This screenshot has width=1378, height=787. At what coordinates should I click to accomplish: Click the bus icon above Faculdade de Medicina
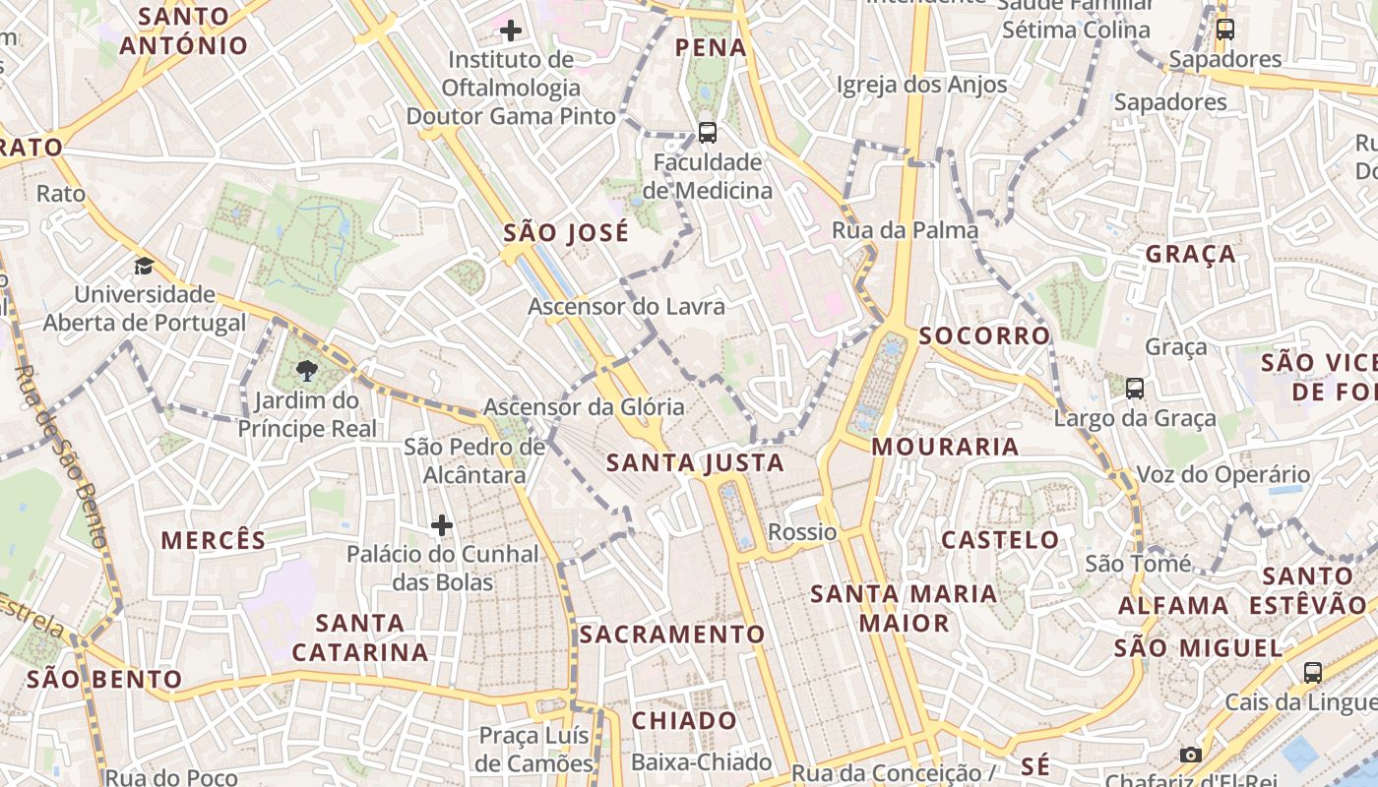(x=707, y=132)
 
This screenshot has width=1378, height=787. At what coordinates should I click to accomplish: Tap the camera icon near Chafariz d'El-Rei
(x=1190, y=755)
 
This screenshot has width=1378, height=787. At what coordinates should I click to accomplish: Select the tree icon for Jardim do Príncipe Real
(x=307, y=371)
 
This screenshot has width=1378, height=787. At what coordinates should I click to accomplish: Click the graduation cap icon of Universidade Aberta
(x=144, y=266)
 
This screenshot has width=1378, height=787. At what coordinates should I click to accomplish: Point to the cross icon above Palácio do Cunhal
(x=442, y=525)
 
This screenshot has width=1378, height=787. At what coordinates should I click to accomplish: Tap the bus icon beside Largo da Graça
(x=1135, y=389)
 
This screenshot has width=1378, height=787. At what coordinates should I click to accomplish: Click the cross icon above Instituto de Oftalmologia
(x=510, y=30)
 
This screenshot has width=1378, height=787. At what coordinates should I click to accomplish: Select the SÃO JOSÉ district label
(x=566, y=233)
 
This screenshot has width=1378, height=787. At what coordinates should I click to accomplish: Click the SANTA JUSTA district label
(x=695, y=462)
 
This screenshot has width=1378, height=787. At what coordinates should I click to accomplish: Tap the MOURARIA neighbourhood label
(x=945, y=447)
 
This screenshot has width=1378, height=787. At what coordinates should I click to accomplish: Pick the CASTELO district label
(x=1000, y=539)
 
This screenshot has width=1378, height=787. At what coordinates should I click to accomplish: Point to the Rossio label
(x=802, y=532)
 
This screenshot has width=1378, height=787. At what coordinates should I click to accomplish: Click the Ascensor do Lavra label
(x=626, y=306)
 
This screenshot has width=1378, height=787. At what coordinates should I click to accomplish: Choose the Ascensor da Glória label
(x=584, y=406)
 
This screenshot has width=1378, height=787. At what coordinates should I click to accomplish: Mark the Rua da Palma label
(x=906, y=230)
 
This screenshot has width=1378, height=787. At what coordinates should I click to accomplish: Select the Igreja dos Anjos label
(x=921, y=85)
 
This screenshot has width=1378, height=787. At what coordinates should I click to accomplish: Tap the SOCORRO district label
(x=984, y=335)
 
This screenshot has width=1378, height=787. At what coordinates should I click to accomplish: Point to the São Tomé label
(x=1137, y=564)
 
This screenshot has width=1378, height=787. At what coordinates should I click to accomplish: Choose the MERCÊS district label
(x=214, y=540)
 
